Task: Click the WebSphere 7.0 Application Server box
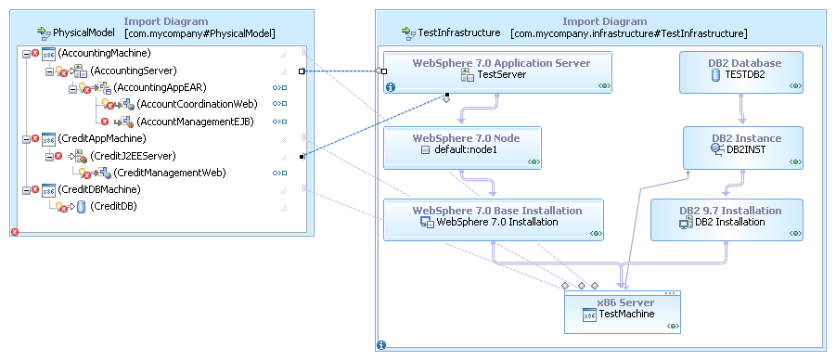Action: [x=498, y=70]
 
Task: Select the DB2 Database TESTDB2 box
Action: [x=742, y=70]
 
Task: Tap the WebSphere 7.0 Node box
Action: [x=465, y=144]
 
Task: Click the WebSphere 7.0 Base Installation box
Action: [x=493, y=216]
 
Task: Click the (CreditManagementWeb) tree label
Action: [x=170, y=173]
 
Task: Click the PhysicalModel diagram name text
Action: [x=84, y=32]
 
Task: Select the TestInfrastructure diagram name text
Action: [x=459, y=32]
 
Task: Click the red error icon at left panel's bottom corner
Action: [x=14, y=232]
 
